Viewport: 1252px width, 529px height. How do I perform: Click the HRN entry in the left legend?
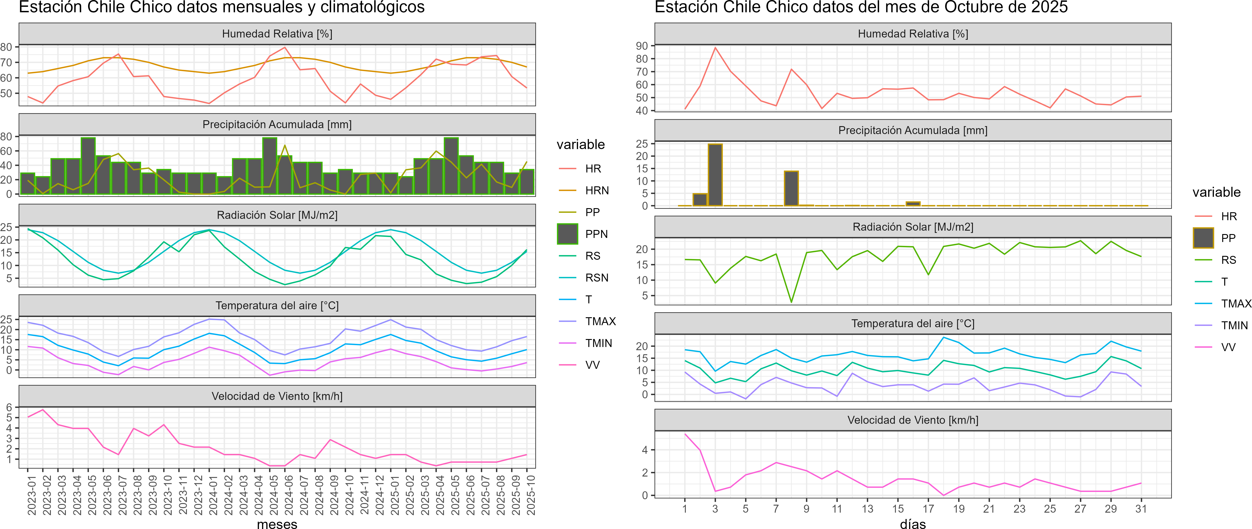pos(597,191)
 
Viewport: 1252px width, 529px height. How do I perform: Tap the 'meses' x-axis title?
pos(277,524)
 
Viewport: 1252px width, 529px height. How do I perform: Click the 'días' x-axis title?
pos(913,524)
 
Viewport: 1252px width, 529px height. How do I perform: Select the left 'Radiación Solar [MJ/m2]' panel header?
pos(277,215)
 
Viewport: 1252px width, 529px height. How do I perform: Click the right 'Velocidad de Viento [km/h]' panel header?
pos(913,420)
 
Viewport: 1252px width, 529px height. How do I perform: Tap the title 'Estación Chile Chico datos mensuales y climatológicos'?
pos(222,7)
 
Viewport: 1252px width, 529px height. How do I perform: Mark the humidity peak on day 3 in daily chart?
pos(715,48)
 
